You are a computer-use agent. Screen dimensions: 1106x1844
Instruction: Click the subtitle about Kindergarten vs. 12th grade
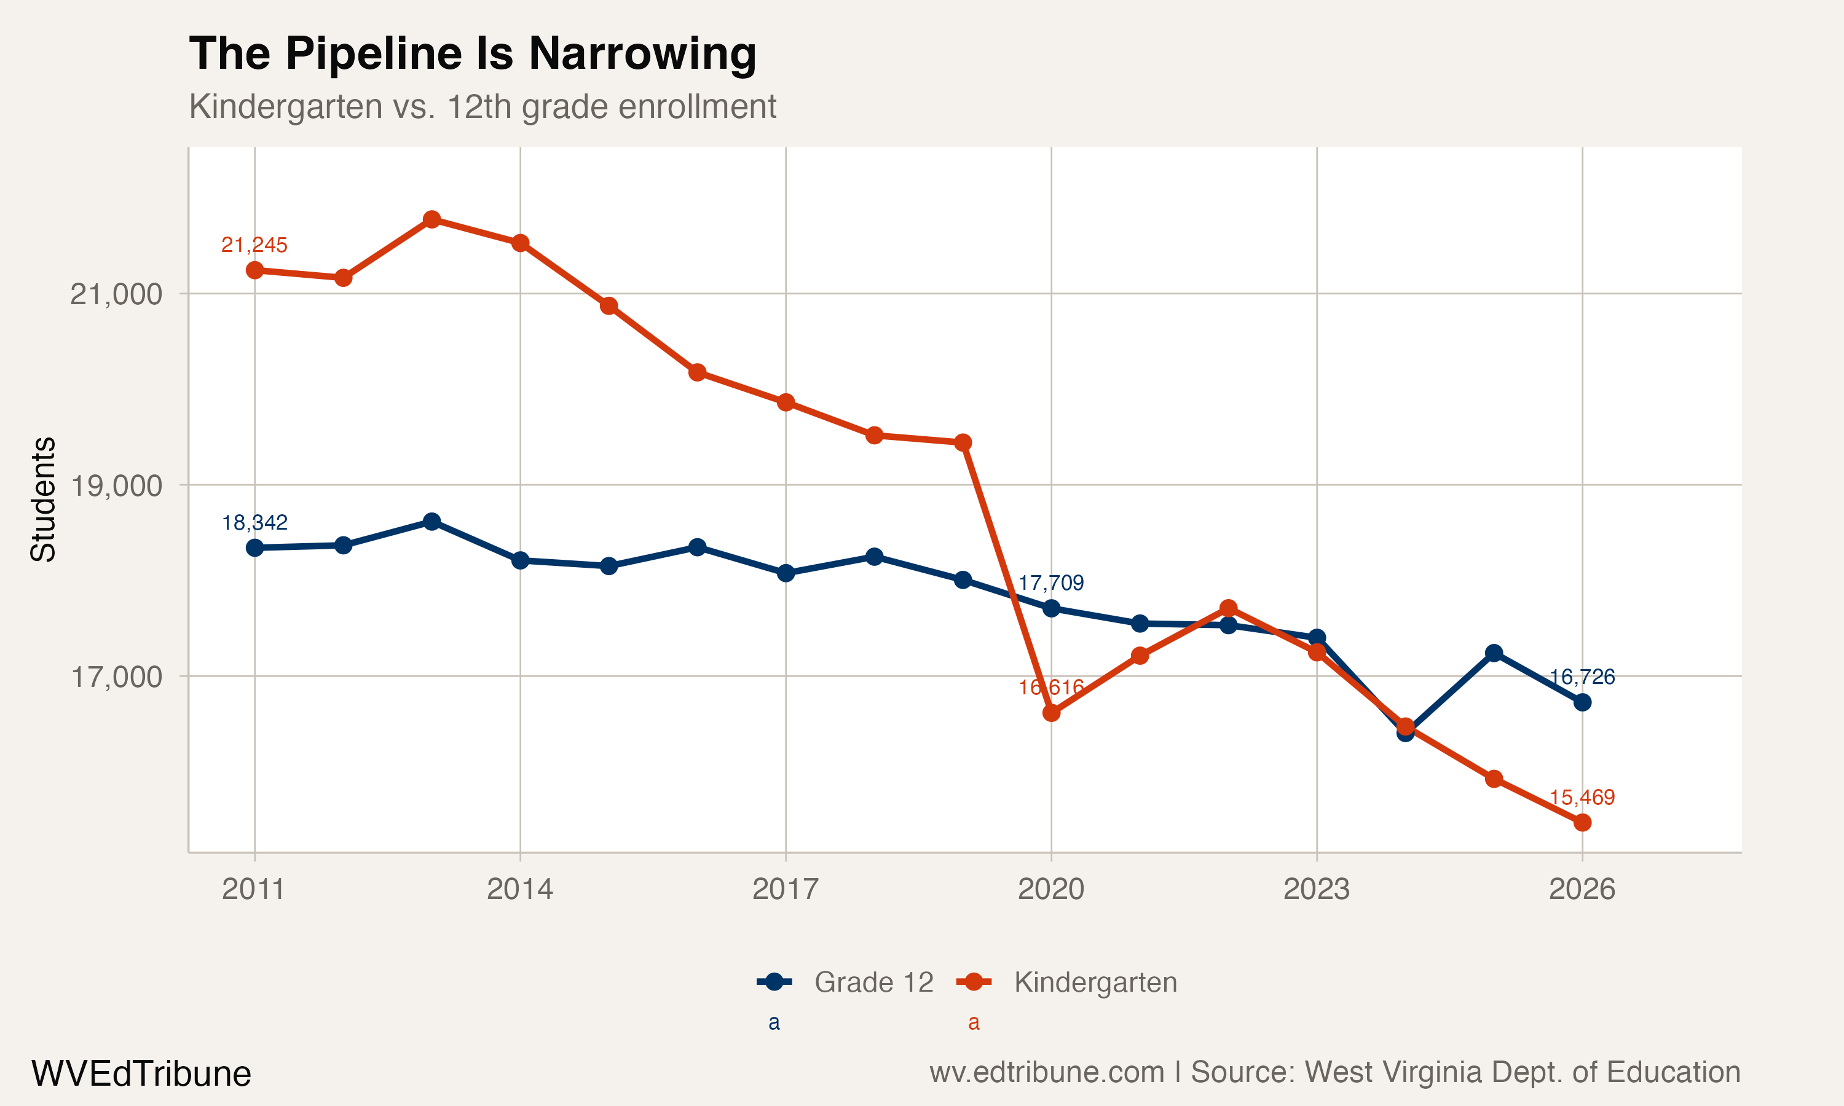click(483, 106)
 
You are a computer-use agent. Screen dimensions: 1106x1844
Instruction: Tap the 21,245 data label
click(254, 245)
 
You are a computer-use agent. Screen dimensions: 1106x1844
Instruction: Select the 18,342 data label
click(254, 522)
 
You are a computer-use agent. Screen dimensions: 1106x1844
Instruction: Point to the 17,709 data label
click(1050, 583)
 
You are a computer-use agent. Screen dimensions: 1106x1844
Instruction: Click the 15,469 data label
click(1582, 798)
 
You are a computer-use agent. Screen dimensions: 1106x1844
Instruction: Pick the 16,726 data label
click(1582, 677)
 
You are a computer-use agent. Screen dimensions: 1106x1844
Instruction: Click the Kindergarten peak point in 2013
click(431, 219)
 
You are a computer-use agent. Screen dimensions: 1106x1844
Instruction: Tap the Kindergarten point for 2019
click(963, 442)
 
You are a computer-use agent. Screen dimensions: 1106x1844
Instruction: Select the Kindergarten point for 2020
click(1051, 713)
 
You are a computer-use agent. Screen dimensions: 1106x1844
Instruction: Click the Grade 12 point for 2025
click(1494, 653)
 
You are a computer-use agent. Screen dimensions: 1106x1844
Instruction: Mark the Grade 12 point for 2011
click(255, 548)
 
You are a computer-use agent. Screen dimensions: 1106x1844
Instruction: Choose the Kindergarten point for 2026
click(1582, 823)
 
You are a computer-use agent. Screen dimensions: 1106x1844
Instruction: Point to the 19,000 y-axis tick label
click(116, 486)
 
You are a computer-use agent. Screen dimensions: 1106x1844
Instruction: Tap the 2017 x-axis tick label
click(785, 889)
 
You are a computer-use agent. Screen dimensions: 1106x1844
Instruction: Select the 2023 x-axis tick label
click(1316, 889)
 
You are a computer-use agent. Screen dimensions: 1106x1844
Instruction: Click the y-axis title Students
click(43, 500)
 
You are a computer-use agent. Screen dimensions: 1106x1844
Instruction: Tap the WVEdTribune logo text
click(141, 1074)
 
